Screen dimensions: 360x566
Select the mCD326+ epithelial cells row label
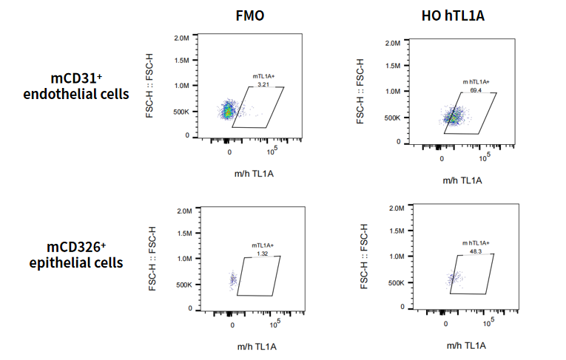coord(83,255)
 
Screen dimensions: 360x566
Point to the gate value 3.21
coord(262,84)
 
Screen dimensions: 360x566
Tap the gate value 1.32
coord(262,254)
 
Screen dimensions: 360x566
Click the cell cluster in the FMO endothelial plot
coord(228,111)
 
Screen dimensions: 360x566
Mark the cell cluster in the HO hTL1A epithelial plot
coord(453,279)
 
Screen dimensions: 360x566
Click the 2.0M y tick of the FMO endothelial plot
coord(181,37)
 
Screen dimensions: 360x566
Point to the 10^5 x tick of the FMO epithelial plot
coord(274,324)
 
